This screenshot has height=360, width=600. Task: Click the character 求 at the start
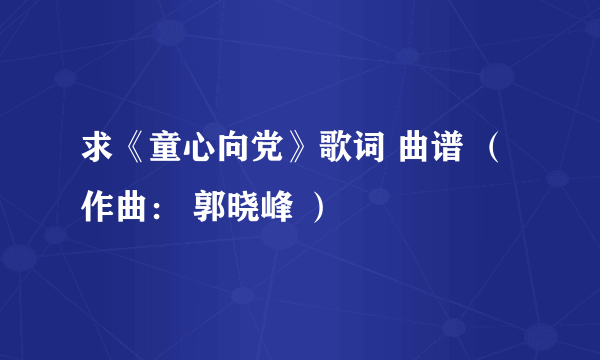[x=97, y=147]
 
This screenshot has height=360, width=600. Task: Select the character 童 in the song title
[x=165, y=147]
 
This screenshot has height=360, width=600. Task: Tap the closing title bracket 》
[x=301, y=147]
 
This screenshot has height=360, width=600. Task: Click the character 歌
[x=335, y=147]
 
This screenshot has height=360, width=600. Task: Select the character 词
[x=369, y=147]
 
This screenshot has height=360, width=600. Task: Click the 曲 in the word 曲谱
[x=414, y=147]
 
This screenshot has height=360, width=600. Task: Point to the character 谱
[x=447, y=147]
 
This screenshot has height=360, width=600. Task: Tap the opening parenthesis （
[x=493, y=147]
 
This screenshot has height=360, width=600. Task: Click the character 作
[x=97, y=207]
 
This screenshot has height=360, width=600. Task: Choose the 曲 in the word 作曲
[x=131, y=207]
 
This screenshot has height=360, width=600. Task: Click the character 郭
[x=209, y=207]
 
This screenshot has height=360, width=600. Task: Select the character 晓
[x=243, y=207]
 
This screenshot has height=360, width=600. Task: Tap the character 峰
[x=277, y=207]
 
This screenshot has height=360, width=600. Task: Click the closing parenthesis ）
[x=318, y=207]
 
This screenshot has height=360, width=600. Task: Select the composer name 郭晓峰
[x=243, y=207]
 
